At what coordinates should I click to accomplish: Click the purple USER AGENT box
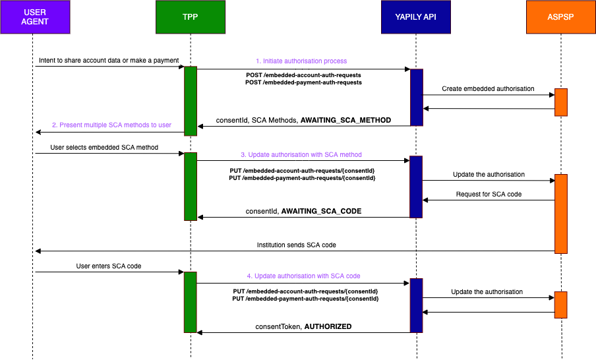pyautogui.click(x=35, y=17)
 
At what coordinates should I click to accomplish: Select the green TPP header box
pyautogui.click(x=191, y=17)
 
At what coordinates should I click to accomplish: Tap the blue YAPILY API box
pyautogui.click(x=415, y=17)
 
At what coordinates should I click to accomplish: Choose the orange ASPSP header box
pyautogui.click(x=560, y=17)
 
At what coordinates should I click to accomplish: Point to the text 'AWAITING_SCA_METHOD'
pyautogui.click(x=345, y=120)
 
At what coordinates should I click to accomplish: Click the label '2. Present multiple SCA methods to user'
pyautogui.click(x=111, y=125)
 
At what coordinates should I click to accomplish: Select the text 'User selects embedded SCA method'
pyautogui.click(x=104, y=147)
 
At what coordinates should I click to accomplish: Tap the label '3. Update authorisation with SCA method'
pyautogui.click(x=301, y=154)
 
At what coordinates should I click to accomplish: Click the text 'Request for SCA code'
pyautogui.click(x=488, y=195)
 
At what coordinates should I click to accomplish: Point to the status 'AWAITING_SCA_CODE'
pyautogui.click(x=321, y=212)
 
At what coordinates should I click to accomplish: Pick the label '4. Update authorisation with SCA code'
pyautogui.click(x=303, y=276)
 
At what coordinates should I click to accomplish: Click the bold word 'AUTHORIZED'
pyautogui.click(x=328, y=326)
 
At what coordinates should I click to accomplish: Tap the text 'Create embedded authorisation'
pyautogui.click(x=488, y=88)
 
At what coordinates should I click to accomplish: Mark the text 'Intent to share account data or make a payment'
pyautogui.click(x=109, y=61)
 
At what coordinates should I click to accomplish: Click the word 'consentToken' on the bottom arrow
pyautogui.click(x=278, y=326)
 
